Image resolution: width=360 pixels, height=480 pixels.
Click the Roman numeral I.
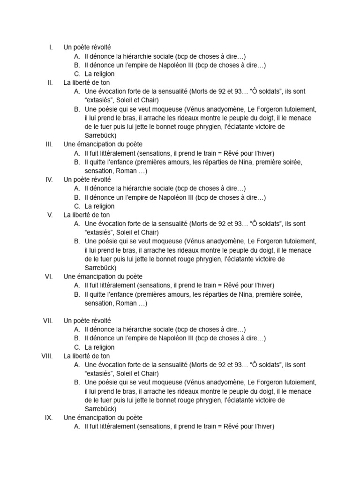click(x=51, y=47)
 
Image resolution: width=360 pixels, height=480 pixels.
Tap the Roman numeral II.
click(x=50, y=82)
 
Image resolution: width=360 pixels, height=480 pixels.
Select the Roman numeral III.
click(x=49, y=144)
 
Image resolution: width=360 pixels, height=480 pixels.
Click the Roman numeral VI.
click(x=49, y=277)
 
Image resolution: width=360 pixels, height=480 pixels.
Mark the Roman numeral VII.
click(x=48, y=321)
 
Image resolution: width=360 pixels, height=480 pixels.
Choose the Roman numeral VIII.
click(x=47, y=356)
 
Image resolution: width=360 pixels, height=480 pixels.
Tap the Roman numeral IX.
click(x=49, y=418)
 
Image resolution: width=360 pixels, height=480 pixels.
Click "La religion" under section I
click(x=99, y=74)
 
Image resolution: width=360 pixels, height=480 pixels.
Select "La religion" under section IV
click(x=99, y=206)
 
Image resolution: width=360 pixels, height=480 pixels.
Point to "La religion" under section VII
click(x=99, y=347)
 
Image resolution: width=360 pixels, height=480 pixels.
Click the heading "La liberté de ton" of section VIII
click(x=87, y=356)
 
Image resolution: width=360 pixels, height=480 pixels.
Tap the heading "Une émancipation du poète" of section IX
click(x=103, y=418)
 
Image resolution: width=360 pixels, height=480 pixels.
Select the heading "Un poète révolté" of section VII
click(x=87, y=321)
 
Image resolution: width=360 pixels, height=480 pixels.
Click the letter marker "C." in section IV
click(x=77, y=206)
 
